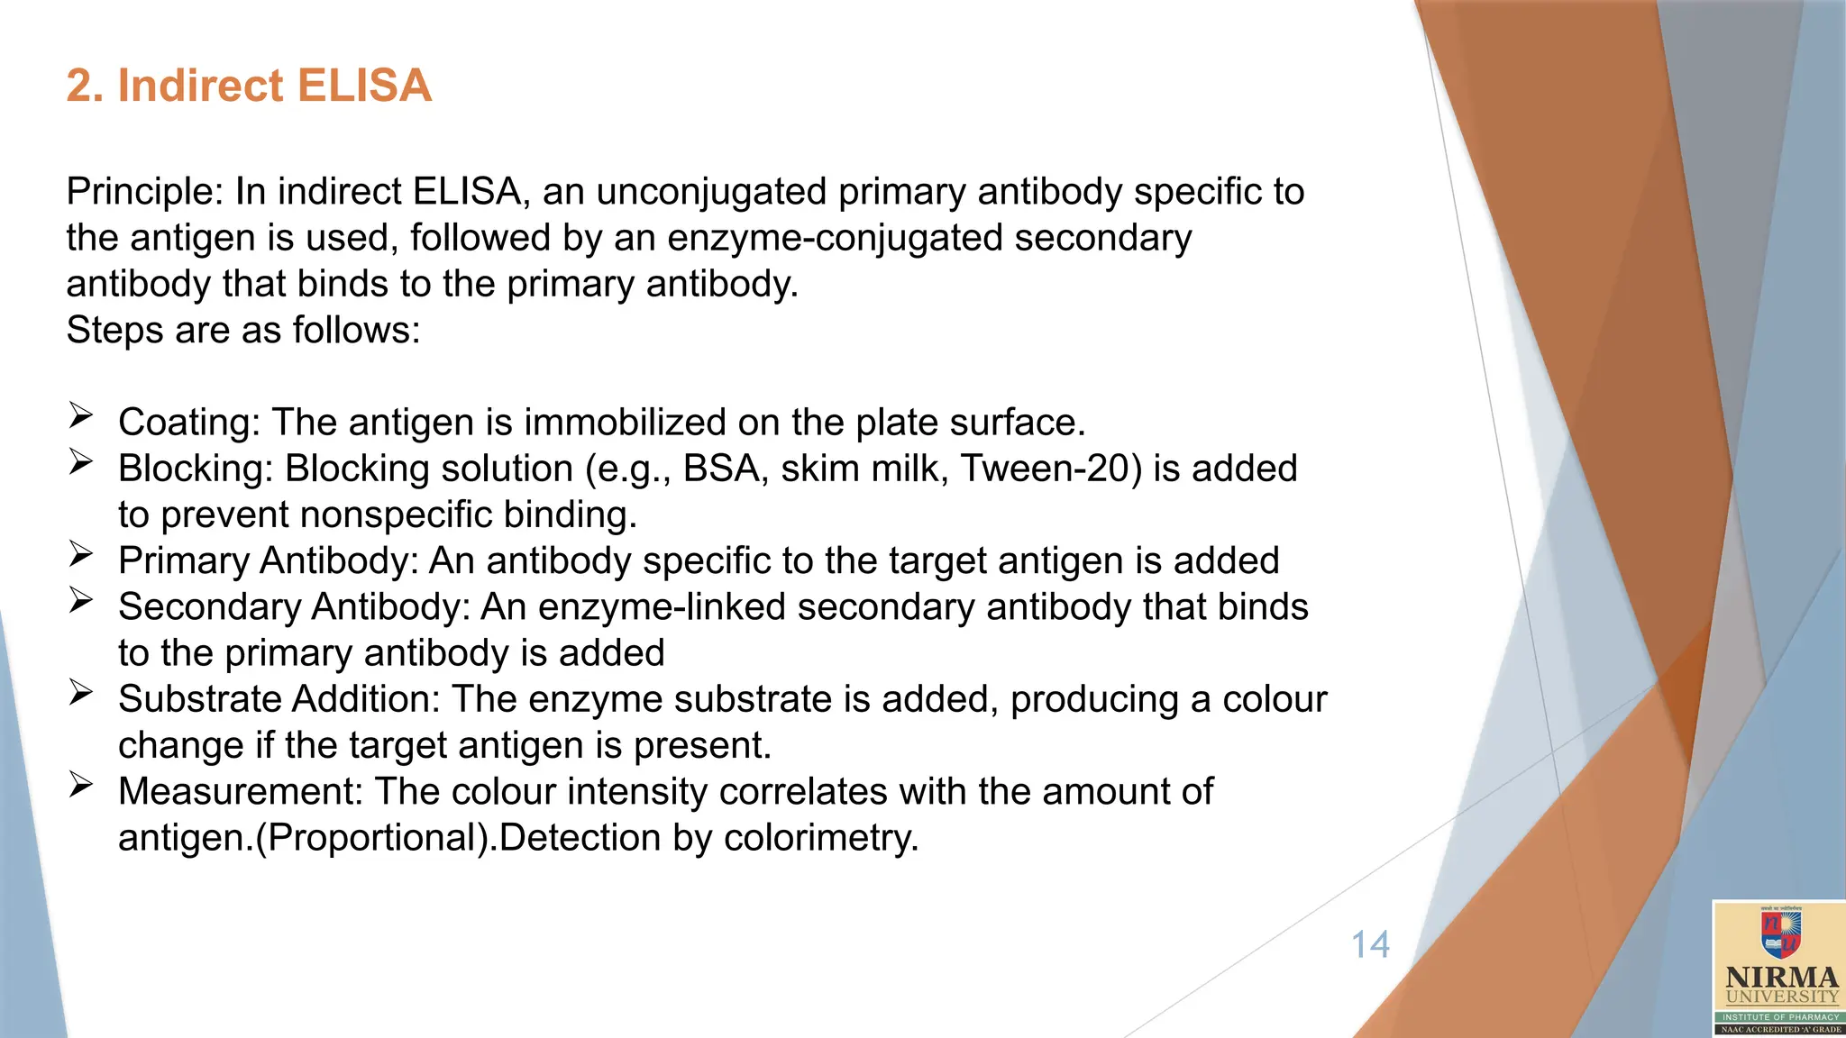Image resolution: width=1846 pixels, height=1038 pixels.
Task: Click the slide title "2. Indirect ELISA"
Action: pos(249,86)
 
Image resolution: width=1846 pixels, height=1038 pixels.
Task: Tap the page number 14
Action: pos(1370,945)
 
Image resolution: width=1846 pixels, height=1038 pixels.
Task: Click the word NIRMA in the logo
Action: pos(1781,978)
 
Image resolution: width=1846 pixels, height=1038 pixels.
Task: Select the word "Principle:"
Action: pos(145,192)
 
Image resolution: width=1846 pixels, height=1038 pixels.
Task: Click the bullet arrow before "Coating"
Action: pos(81,415)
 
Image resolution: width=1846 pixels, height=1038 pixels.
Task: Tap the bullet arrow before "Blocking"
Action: pos(81,462)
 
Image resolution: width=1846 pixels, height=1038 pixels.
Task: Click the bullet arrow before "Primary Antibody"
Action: pos(81,554)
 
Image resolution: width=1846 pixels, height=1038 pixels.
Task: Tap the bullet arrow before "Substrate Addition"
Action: pos(81,692)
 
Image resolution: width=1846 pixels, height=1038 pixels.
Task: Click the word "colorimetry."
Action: pos(821,838)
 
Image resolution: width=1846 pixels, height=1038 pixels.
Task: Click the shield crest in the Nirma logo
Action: pos(1780,933)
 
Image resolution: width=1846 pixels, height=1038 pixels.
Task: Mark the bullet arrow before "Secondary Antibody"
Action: pos(81,600)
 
